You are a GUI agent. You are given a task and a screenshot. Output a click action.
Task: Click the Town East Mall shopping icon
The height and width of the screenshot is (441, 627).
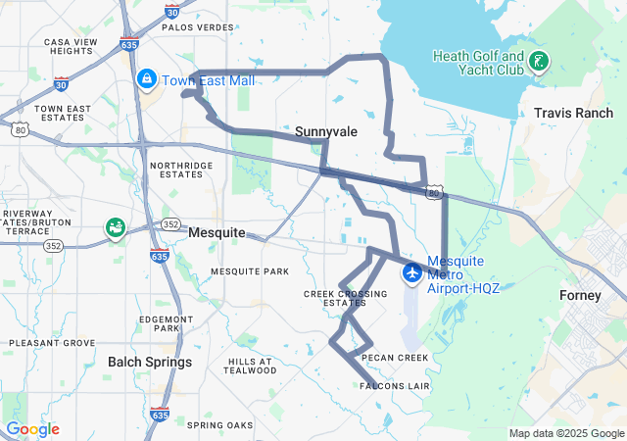point(147,77)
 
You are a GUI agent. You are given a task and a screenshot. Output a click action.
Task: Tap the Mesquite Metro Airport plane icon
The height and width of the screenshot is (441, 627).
point(411,271)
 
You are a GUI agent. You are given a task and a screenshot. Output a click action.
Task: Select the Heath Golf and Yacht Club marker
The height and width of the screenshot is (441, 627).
point(537,63)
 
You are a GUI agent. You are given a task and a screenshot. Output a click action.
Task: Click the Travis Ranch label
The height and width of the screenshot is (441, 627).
point(573,114)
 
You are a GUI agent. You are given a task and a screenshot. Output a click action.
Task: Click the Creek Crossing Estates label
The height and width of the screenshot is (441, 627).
point(334,298)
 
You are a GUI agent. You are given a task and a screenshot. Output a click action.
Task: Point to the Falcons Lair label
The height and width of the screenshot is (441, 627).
point(395,386)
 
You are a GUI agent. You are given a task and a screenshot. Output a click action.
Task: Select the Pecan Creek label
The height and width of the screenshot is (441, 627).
point(395,358)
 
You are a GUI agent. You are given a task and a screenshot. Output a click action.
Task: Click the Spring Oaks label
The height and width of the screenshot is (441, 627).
point(219,424)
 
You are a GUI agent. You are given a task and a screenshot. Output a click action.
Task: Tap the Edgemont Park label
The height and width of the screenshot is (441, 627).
point(166,323)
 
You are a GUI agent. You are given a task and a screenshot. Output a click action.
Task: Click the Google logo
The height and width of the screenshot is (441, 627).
point(33,429)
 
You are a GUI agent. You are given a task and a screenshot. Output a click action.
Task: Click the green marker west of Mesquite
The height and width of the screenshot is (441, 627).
point(116,227)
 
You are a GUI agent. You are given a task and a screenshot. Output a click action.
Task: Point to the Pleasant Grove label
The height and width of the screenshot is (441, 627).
point(52,343)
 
